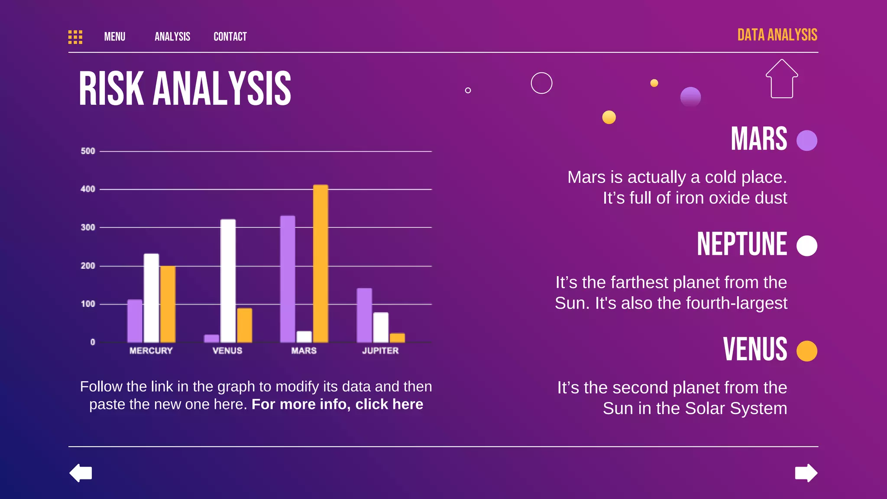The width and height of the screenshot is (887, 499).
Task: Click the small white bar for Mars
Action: pos(304,337)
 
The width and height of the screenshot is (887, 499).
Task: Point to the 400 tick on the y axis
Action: pos(87,189)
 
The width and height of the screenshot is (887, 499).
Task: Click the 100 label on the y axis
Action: pos(87,304)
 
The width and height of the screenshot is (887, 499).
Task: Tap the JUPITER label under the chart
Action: pos(380,350)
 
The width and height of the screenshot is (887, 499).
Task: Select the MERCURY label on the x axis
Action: pos(151,350)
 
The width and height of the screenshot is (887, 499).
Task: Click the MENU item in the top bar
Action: pos(115,37)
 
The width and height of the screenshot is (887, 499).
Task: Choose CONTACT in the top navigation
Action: pos(230,37)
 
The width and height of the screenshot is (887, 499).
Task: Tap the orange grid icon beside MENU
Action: pos(75,37)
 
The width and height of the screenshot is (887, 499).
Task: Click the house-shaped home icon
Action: pos(782,79)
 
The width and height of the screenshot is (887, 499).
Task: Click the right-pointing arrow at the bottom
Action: pos(806,473)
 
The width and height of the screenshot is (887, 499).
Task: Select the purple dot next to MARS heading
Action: pos(806,141)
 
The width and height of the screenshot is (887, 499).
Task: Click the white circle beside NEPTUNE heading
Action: pos(806,246)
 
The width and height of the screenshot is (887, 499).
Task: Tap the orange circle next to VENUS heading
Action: pos(806,351)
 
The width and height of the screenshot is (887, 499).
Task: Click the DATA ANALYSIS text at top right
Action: pos(777,35)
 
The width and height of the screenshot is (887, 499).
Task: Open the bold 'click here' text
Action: pos(389,404)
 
